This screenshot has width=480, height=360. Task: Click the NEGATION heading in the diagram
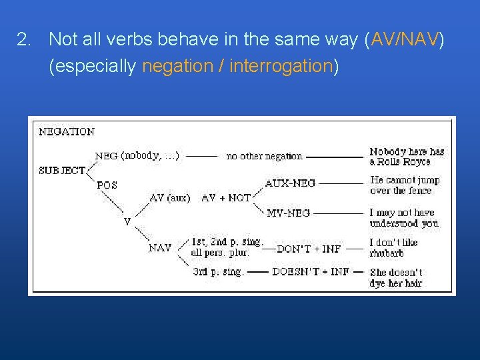pos(67,131)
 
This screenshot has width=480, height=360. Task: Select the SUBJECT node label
pos(61,170)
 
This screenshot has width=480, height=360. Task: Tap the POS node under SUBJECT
pos(107,185)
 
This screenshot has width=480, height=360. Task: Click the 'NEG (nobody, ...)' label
pos(137,155)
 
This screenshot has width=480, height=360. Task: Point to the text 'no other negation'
pos(264,156)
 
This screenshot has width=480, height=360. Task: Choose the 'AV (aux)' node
pos(169,198)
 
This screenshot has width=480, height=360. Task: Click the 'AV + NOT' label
pos(225,198)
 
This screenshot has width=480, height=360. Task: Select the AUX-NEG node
pos(290,183)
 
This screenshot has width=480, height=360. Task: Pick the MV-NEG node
pos(288,213)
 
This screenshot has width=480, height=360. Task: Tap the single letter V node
pos(127,221)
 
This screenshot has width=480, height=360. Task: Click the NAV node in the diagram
pos(160,248)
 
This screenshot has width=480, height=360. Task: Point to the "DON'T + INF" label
pos(309,249)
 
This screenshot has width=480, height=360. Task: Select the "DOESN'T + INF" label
pos(311,272)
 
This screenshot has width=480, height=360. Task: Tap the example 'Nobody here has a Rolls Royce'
pos(407,157)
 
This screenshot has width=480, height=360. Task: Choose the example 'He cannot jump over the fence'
pos(405,185)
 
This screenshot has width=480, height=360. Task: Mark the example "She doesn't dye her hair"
pos(396,277)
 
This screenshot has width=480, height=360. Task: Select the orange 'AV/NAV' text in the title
pos(405,40)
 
